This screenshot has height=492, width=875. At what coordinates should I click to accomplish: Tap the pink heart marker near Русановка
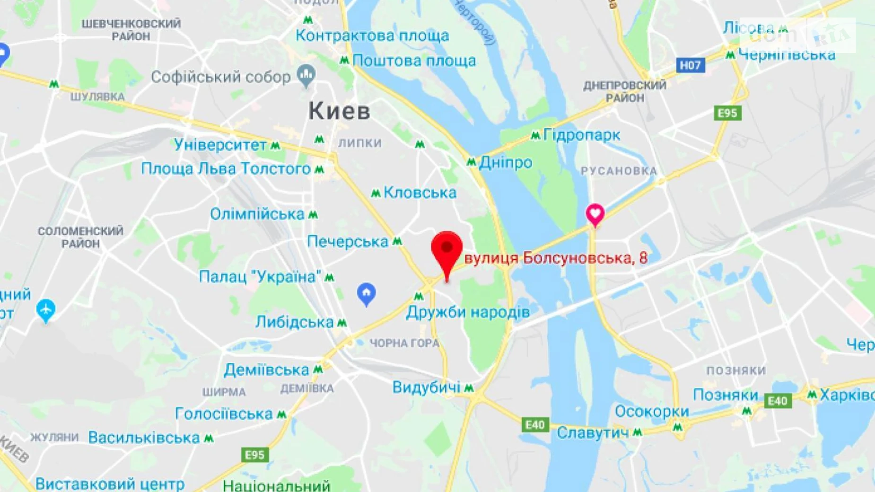coord(595,214)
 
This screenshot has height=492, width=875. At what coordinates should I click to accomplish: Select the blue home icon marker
coord(366,293)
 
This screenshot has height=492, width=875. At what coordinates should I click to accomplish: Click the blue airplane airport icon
coord(45,310)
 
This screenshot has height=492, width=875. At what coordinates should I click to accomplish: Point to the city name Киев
coord(340,111)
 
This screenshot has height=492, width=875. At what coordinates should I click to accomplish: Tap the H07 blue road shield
coord(691,65)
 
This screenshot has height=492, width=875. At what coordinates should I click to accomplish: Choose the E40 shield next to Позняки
coord(778,401)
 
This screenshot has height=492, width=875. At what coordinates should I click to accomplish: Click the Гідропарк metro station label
coord(581,135)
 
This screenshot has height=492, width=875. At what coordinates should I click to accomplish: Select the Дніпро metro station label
coord(505,163)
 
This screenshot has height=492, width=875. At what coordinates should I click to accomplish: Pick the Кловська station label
coord(420,193)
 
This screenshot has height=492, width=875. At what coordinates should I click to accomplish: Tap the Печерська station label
coord(348,242)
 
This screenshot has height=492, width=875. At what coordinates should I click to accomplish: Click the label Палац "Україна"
coord(260,277)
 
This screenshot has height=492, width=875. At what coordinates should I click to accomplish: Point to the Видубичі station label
coord(426,387)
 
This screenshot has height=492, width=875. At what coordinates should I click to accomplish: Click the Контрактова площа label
coord(372,35)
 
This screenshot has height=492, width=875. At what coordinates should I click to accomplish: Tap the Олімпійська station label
coord(257,214)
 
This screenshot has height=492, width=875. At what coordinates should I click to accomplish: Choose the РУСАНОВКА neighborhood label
coord(619,171)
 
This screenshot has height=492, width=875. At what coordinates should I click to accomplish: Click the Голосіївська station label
coord(224,414)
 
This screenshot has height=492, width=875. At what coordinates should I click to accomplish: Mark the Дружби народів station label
coord(468,312)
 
